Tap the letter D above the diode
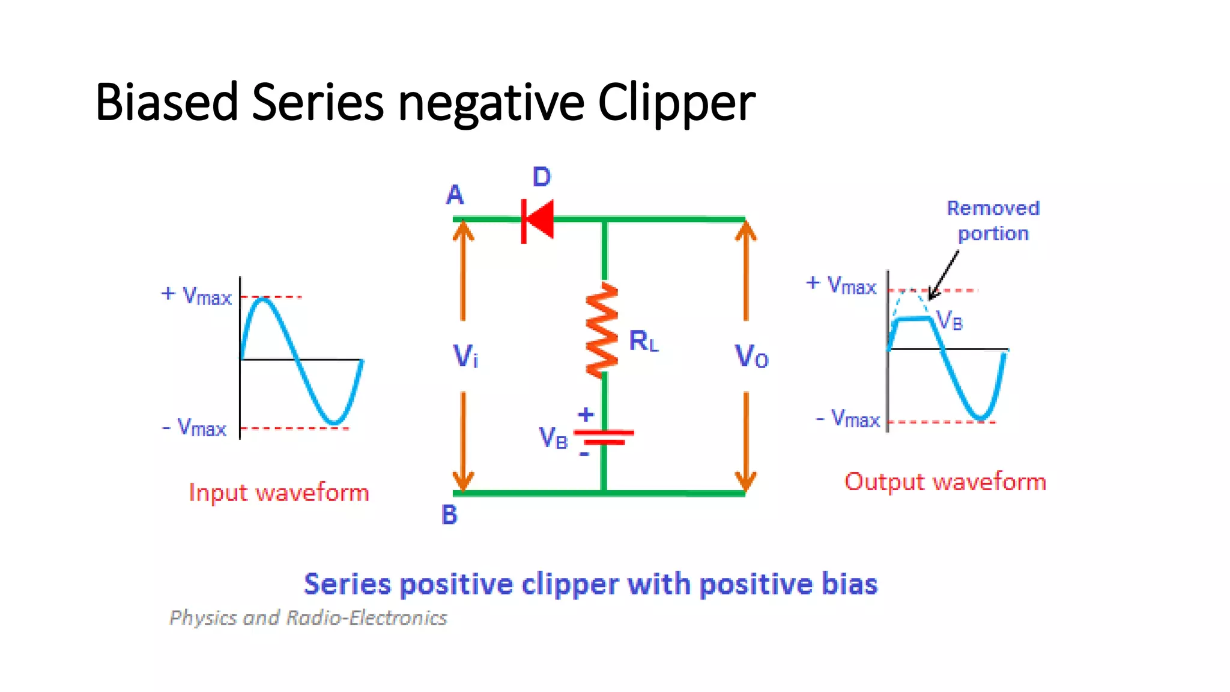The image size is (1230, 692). coord(542,177)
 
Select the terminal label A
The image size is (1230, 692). coord(455,195)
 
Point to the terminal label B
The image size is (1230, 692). coord(449,515)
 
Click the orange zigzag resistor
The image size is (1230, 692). coord(602,330)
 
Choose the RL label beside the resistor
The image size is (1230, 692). coord(643,341)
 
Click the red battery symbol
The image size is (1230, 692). coord(604,437)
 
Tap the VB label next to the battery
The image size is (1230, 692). coord(553,438)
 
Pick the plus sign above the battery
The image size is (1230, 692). coord(586,414)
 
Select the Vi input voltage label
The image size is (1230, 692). coord(465,356)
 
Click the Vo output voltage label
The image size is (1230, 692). coord(751,356)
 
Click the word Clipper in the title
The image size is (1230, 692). coord(676,102)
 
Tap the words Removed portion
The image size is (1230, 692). coord(993,220)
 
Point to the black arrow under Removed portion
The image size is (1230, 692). coord(943,275)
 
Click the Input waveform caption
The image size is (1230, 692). coord(279,493)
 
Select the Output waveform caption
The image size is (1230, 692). coord(945,482)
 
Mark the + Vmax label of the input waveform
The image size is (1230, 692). coord(196,296)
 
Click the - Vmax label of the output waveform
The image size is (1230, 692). coord(848,418)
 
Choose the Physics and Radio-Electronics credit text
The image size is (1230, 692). coord(309,618)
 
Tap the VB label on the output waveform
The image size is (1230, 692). coord(950,320)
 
